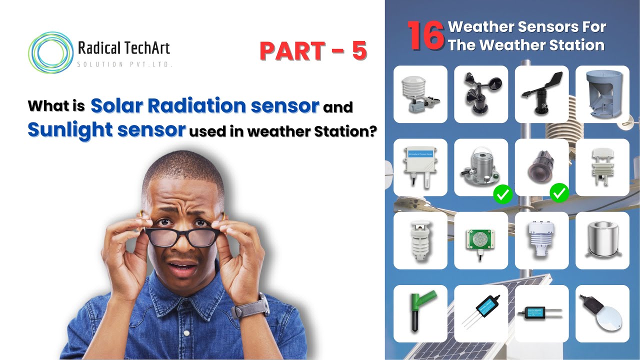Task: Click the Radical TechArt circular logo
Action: (x=50, y=53)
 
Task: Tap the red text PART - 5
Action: (x=313, y=51)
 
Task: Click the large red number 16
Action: (x=425, y=36)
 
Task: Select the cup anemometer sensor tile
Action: (x=481, y=94)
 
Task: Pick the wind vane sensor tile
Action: (x=541, y=94)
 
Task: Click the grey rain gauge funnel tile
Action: (x=602, y=94)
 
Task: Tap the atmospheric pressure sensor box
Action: (x=420, y=167)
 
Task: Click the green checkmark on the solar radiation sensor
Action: (x=502, y=194)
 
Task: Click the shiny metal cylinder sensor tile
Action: (x=602, y=240)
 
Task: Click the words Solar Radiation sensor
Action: (x=204, y=105)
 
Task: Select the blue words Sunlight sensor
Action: (x=107, y=130)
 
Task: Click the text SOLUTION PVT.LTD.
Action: (x=124, y=64)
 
